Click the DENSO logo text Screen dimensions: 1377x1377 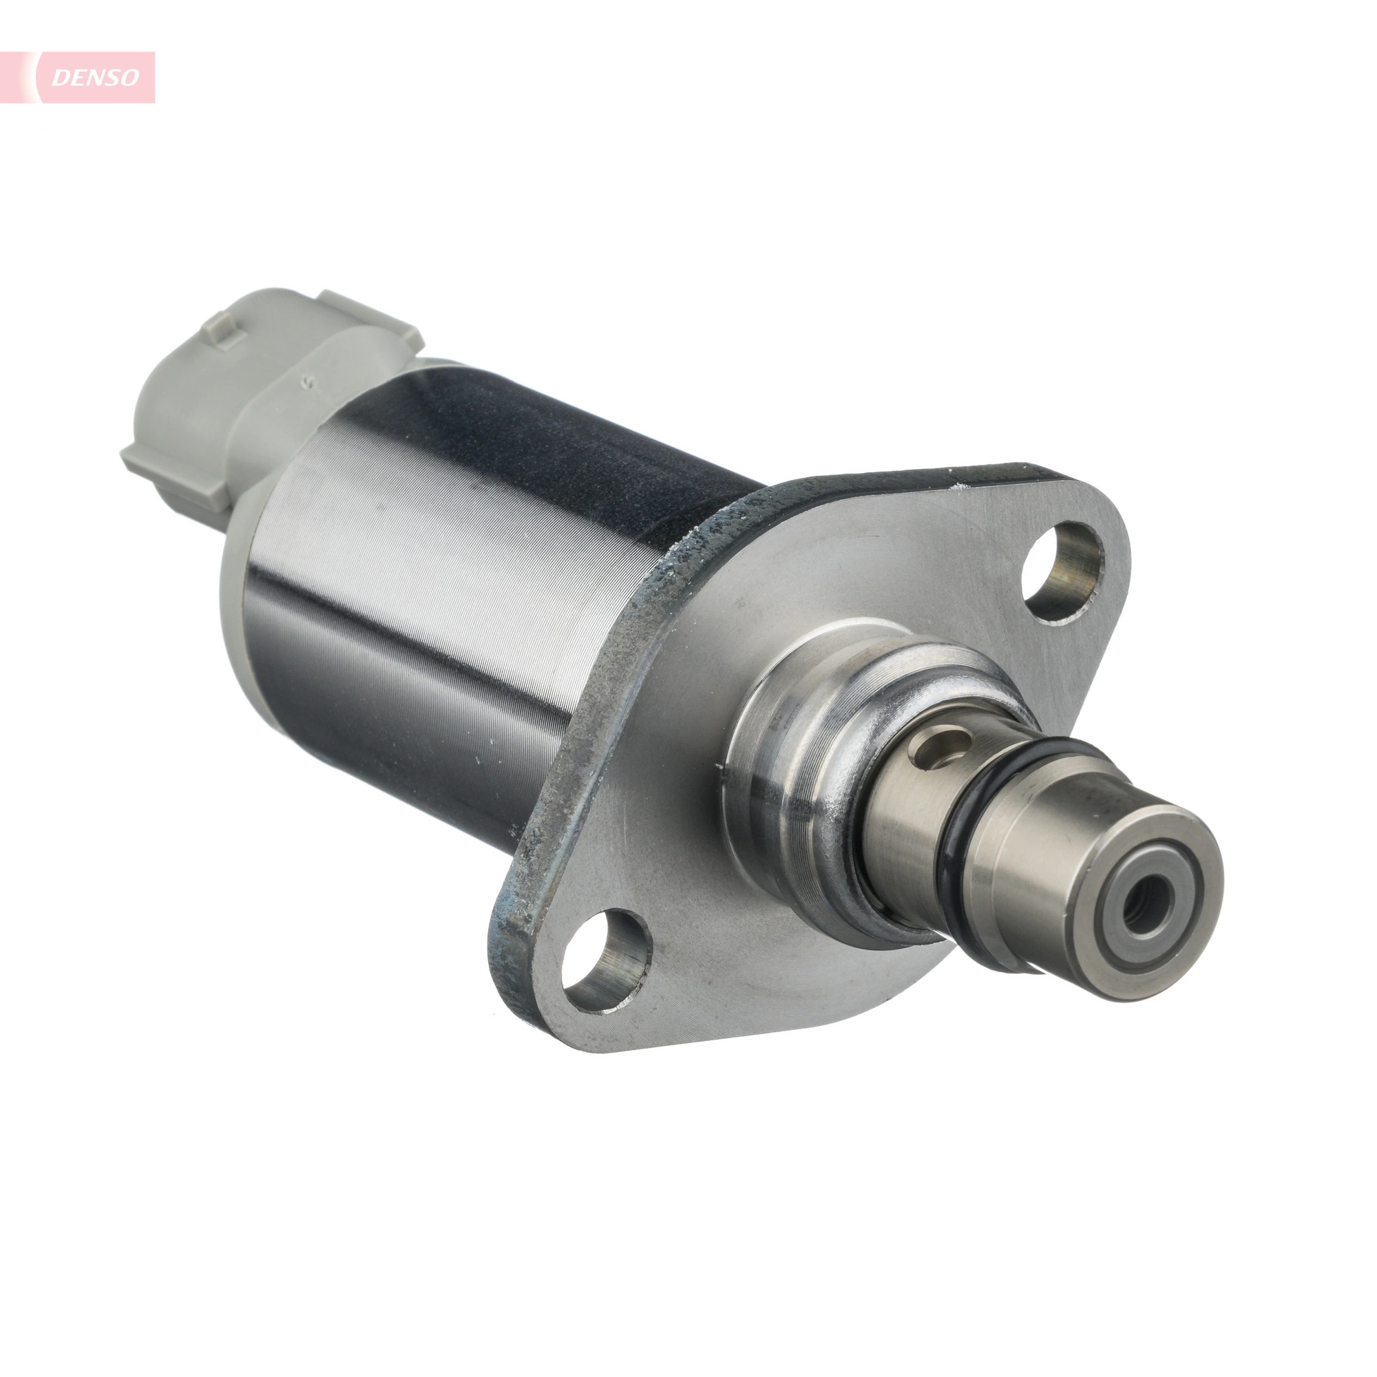click(96, 77)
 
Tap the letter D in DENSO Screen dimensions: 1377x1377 click(61, 77)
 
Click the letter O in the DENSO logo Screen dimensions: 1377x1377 click(129, 77)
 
